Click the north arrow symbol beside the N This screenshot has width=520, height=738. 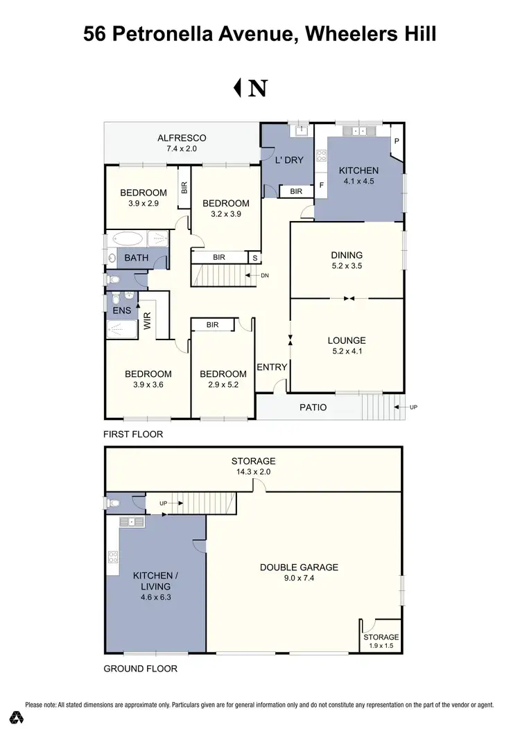coord(237,88)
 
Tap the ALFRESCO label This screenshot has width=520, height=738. coord(182,138)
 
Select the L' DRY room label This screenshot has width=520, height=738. coord(290,159)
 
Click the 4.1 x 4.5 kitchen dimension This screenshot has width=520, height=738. coord(358,183)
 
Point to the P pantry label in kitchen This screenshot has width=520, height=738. coord(397,140)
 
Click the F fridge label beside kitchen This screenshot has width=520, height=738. coord(321,186)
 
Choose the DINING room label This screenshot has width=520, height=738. coord(347,255)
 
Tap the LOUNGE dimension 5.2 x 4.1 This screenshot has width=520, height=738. coord(347,352)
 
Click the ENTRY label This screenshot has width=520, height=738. coord(272,367)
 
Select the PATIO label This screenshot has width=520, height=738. coord(313,407)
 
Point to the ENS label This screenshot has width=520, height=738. coord(122,310)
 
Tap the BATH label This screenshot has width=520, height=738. coord(137,258)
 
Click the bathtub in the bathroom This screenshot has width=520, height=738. coord(126,240)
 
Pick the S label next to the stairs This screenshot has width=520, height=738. coord(254,258)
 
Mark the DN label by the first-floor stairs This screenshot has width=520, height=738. coord(264,276)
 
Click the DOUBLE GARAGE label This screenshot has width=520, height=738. coord(299,567)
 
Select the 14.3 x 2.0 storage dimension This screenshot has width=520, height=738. coord(253,473)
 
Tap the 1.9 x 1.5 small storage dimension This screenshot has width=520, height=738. coord(381,647)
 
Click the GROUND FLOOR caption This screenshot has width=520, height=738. coord(140,669)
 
